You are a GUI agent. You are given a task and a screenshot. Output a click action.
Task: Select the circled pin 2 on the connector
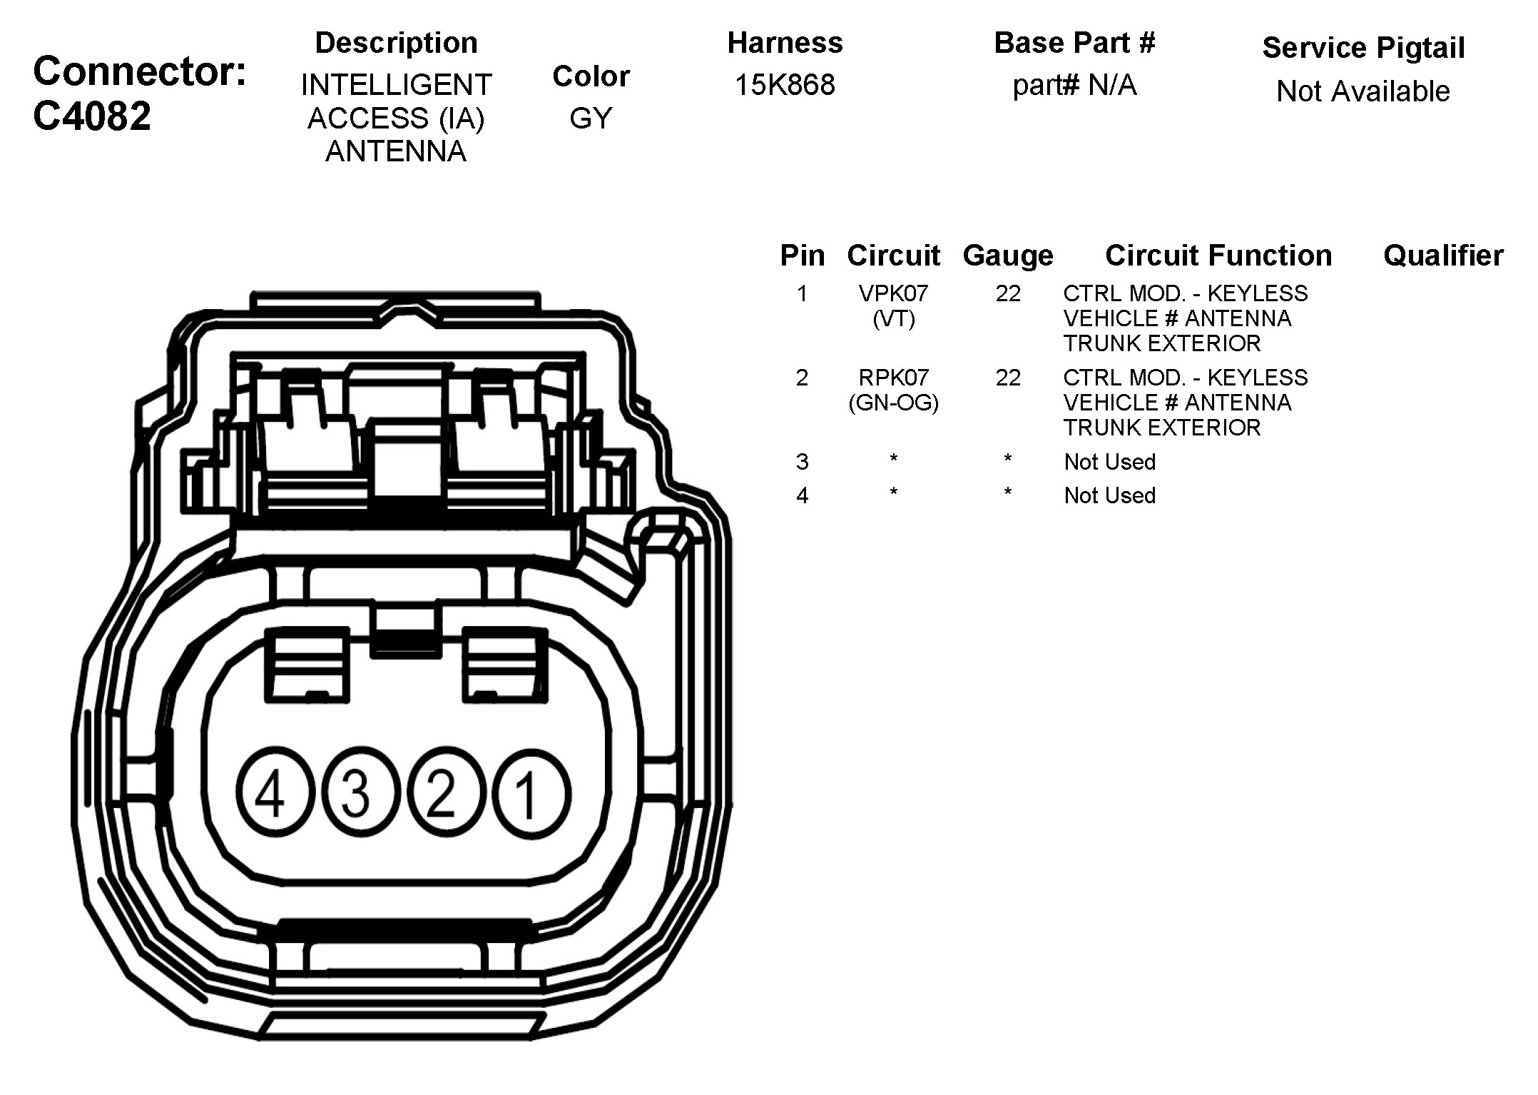tap(443, 792)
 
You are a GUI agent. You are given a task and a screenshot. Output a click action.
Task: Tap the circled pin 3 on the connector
tap(357, 792)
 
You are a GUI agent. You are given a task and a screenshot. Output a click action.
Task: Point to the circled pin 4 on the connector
tap(272, 792)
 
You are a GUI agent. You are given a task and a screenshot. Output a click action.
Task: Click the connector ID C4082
tap(92, 116)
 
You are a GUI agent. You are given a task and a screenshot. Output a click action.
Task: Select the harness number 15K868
tap(785, 85)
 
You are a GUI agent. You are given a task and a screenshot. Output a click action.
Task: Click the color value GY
tap(591, 118)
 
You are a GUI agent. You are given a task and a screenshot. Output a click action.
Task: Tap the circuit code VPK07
tap(893, 293)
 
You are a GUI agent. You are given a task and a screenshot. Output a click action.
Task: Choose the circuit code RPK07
tap(893, 377)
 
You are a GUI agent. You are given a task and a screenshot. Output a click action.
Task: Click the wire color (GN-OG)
tap(893, 403)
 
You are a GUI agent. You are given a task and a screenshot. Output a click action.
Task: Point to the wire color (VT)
tap(893, 318)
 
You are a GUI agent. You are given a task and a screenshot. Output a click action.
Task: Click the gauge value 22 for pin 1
tap(1008, 293)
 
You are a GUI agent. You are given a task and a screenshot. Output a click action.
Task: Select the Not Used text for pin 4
tap(1109, 495)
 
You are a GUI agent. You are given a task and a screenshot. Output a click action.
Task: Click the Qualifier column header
tap(1443, 255)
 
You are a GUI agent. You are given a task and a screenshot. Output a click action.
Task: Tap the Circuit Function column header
tap(1218, 255)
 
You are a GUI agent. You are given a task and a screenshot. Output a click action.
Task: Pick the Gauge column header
tap(1008, 255)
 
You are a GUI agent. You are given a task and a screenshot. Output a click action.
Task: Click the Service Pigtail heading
tap(1363, 48)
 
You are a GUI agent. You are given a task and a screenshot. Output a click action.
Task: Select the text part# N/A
tap(1074, 85)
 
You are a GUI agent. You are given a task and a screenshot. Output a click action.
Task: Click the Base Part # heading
tap(1074, 43)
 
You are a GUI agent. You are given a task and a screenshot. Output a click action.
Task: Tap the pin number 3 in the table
tap(802, 462)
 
